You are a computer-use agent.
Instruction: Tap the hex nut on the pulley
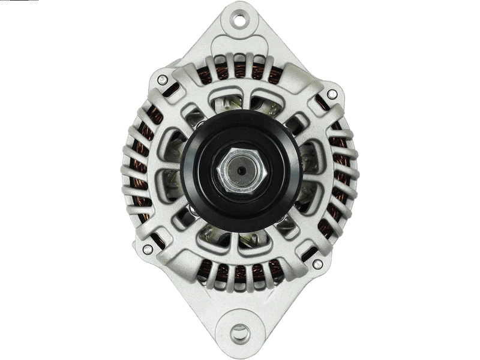[239, 170]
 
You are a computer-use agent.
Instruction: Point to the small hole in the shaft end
[240, 170]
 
